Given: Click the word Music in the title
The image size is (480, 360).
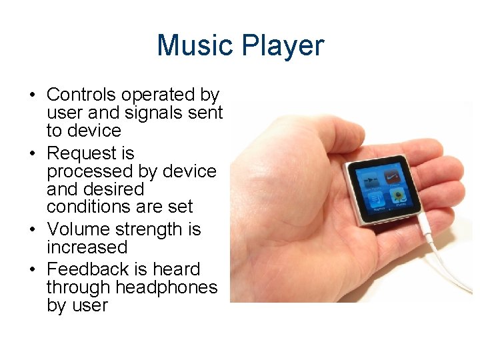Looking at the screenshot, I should tap(196, 46).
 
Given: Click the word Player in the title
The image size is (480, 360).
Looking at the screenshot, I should tap(283, 46).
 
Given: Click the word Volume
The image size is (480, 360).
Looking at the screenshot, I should tap(79, 229).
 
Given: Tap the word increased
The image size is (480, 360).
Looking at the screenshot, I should tap(87, 247).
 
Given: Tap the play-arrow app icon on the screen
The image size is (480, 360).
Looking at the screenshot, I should tap(369, 180).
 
